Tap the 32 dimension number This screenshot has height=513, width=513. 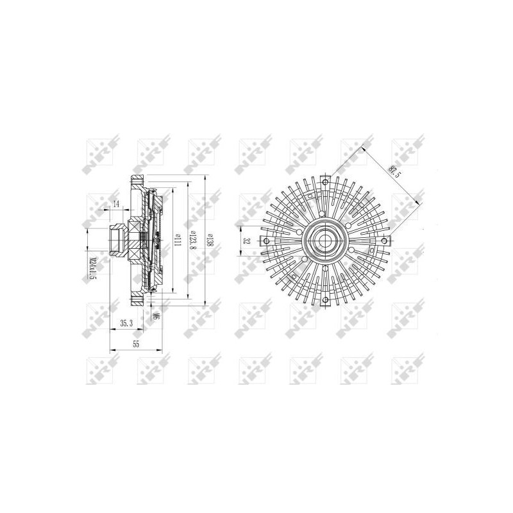pyautogui.click(x=246, y=241)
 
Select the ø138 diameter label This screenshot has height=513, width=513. pyautogui.click(x=210, y=241)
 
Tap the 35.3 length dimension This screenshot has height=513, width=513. pyautogui.click(x=126, y=324)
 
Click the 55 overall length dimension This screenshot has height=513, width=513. pyautogui.click(x=136, y=344)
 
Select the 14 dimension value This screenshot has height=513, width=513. pyautogui.click(x=116, y=204)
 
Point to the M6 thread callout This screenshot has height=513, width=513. pyautogui.click(x=156, y=315)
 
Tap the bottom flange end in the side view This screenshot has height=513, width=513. pyautogui.click(x=137, y=301)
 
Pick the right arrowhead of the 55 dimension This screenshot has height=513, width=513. pyautogui.click(x=158, y=349)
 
